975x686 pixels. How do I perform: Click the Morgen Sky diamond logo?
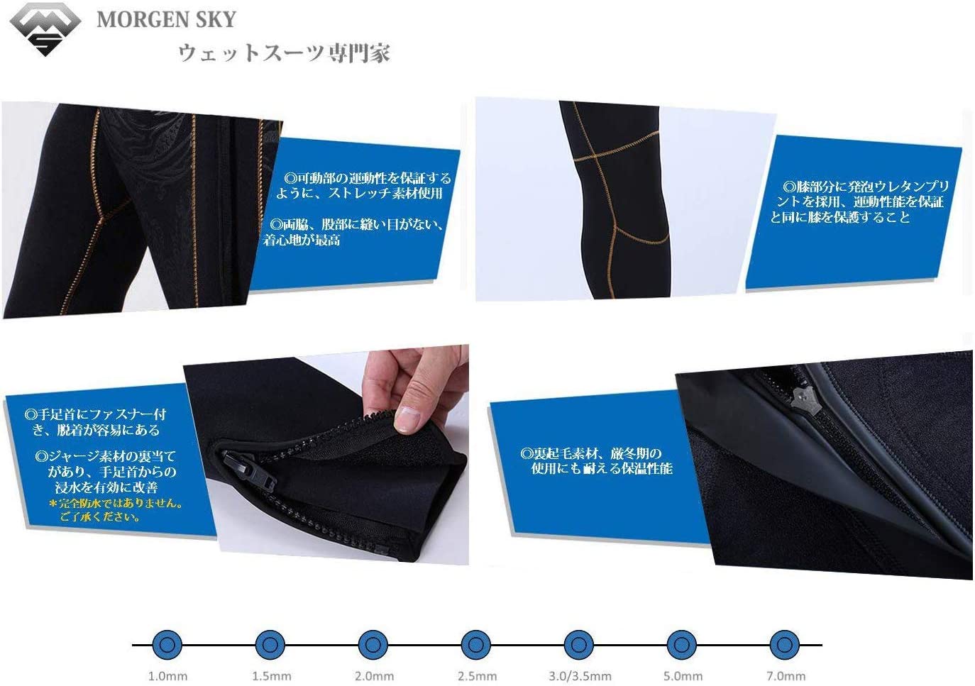[45, 28]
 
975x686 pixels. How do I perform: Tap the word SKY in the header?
[216, 20]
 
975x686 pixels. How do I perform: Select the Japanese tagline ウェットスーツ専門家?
[285, 53]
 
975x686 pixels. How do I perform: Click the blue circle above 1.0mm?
[167, 645]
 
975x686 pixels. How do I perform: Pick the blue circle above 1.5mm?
[270, 645]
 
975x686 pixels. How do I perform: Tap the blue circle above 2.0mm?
[373, 645]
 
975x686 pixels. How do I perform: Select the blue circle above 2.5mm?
[475, 645]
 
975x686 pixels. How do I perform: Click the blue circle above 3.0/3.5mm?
[578, 645]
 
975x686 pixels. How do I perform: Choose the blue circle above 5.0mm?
[682, 645]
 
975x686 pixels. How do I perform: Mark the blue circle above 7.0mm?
[784, 645]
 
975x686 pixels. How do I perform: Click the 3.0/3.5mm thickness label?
[580, 677]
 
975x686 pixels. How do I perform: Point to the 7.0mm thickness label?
[786, 677]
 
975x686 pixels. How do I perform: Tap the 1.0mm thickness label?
[168, 677]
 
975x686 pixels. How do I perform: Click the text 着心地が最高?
[301, 240]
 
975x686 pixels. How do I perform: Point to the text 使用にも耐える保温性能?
[602, 468]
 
